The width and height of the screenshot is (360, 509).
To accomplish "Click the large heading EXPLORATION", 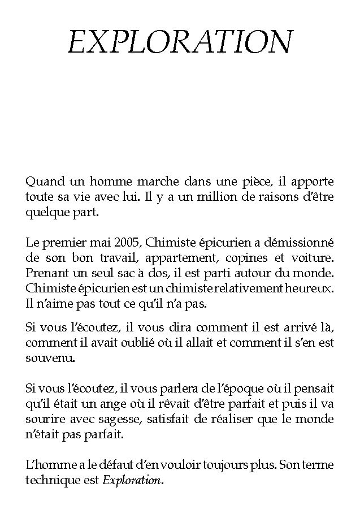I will click(x=180, y=42).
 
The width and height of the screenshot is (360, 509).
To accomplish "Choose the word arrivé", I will click(x=279, y=327).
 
